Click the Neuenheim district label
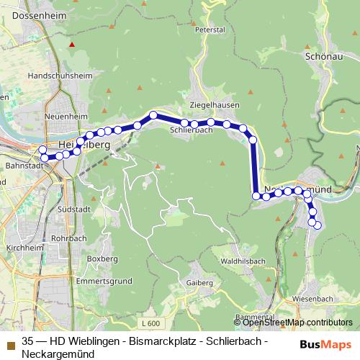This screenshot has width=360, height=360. [x=60, y=115]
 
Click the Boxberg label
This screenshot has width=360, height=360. [x=102, y=258]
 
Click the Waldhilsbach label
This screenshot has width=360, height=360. [x=244, y=261]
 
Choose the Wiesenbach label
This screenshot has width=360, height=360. [x=312, y=298]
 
